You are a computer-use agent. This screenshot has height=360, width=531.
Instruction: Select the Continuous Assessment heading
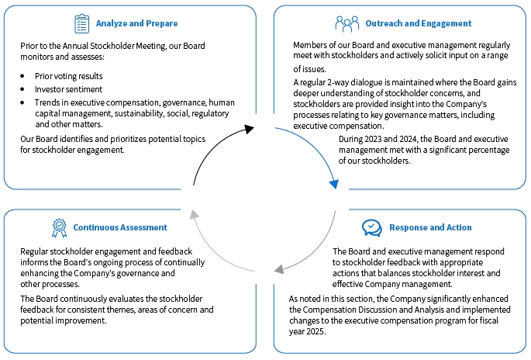(120, 227)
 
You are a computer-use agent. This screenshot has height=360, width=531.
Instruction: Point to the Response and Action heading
(430, 227)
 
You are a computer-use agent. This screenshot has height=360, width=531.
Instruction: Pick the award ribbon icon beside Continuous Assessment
(60, 227)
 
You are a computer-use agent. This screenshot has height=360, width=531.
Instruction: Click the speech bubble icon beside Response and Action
(372, 227)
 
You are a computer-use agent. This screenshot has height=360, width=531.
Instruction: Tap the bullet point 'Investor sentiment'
(64, 90)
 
